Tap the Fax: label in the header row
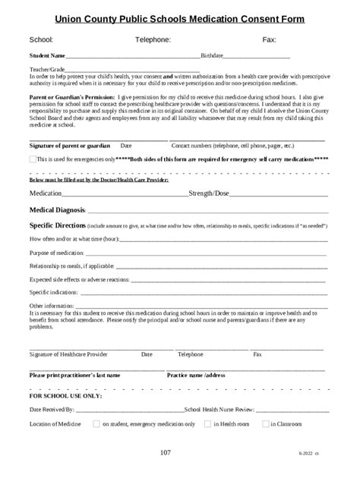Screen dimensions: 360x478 point(269,39)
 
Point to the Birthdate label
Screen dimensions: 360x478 point(212,55)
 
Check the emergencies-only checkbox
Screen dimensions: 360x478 point(32,159)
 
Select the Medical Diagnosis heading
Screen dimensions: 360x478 point(58,210)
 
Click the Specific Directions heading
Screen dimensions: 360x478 point(57,226)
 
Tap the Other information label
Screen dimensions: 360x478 point(52,305)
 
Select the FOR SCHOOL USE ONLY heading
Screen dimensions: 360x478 point(65,396)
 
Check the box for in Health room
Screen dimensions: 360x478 point(207,424)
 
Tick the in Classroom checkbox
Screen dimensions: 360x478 point(265,424)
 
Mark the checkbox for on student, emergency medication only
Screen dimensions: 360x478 point(96,424)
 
